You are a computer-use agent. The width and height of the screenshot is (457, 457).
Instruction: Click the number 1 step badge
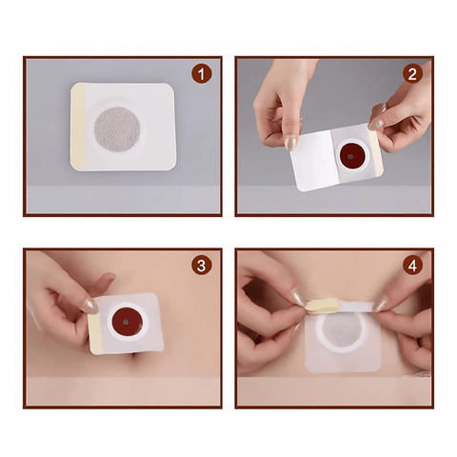click(202, 74)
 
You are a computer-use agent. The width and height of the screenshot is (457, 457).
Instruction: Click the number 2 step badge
click(412, 74)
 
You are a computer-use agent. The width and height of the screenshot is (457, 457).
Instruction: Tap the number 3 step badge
click(202, 266)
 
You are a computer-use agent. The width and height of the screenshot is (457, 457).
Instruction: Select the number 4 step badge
click(412, 266)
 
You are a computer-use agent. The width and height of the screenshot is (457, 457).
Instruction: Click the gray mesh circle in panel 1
click(117, 129)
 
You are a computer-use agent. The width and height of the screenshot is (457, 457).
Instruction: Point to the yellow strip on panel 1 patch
click(77, 126)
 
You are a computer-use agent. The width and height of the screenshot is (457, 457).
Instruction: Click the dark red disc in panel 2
click(351, 155)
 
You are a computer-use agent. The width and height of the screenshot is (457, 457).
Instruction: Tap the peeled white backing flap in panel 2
click(314, 160)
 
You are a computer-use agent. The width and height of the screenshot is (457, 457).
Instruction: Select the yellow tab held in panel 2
click(376, 152)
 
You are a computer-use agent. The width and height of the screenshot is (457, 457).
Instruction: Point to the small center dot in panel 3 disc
click(126, 322)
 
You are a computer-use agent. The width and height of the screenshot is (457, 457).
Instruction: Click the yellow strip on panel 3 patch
click(95, 333)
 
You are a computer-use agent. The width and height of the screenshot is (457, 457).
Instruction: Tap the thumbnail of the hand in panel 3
click(90, 307)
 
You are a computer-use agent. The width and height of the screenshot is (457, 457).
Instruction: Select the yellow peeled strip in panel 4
click(322, 306)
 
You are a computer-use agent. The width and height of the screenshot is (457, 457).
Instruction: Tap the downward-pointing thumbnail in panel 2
click(290, 143)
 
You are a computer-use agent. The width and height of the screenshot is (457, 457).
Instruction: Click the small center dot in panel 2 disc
click(350, 156)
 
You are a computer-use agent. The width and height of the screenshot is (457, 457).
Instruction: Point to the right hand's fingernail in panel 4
click(380, 305)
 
